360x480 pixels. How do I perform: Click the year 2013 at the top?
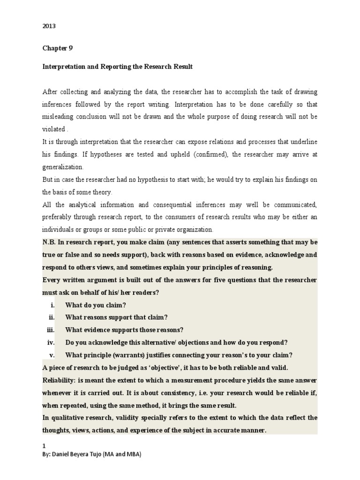tap(49, 26)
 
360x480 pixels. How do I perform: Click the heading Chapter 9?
tap(57, 48)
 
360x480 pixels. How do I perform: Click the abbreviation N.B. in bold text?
tap(51, 242)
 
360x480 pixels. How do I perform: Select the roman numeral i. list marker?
tap(53, 305)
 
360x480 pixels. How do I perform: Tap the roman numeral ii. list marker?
tap(52, 317)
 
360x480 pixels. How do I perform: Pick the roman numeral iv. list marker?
tap(51, 342)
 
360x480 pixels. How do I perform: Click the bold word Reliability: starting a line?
tap(60, 380)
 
